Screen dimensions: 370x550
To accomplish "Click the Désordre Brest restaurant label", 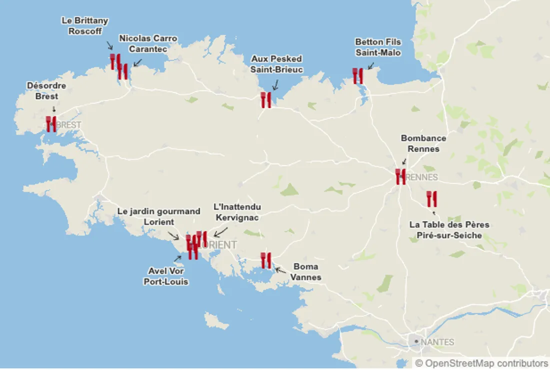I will pos(46,91).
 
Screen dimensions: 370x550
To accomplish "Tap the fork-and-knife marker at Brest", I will pos(51,123).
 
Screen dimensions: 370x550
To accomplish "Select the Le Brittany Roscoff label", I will pos(85,26).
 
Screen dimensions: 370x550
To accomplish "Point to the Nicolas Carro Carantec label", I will pos(148,43).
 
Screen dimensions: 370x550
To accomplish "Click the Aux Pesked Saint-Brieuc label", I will pos(276,64).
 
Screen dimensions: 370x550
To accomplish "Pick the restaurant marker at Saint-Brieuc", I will pos(266,100).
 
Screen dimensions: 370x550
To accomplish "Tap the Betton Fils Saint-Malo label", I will pos(378,47).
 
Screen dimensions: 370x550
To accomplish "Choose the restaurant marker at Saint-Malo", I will pos(358,76).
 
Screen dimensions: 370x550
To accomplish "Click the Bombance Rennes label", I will pos(423,143).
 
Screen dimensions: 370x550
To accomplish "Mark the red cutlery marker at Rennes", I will pos(400,176).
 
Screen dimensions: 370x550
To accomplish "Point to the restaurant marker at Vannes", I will pos(266,260).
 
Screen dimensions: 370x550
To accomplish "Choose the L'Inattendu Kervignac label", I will pos(237,212).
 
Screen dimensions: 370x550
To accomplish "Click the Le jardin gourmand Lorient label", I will pos(159,216).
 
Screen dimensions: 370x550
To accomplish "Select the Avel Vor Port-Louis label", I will pos(166,276).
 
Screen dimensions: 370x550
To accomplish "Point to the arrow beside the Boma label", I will pos(281,270).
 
